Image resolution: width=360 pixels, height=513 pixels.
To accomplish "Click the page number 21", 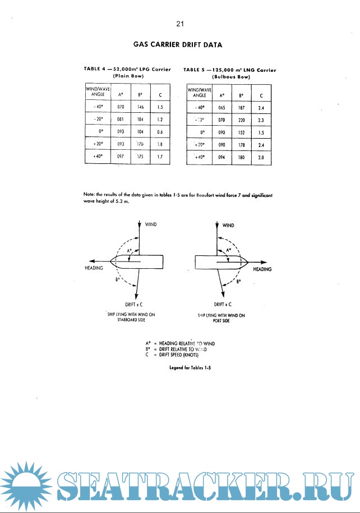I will click(x=180, y=24).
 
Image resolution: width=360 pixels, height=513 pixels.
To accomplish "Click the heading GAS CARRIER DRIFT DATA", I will click(x=180, y=43).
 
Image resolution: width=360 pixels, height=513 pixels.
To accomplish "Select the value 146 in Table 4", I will click(x=141, y=106).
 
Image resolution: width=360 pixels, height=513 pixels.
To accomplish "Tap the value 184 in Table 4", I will click(x=141, y=119).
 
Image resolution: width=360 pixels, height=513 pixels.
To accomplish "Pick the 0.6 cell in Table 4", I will click(x=160, y=132).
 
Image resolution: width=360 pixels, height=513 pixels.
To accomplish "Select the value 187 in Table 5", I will click(x=242, y=106).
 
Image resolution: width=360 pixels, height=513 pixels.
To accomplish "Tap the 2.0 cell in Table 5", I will click(x=261, y=157).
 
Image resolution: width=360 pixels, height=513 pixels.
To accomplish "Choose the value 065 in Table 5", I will click(x=222, y=106).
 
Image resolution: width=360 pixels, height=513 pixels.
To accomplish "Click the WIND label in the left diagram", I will click(x=151, y=225).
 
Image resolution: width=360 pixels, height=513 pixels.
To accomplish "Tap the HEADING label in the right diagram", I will click(x=262, y=269).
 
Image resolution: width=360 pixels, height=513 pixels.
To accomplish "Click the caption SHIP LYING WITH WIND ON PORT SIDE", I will click(x=221, y=318).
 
